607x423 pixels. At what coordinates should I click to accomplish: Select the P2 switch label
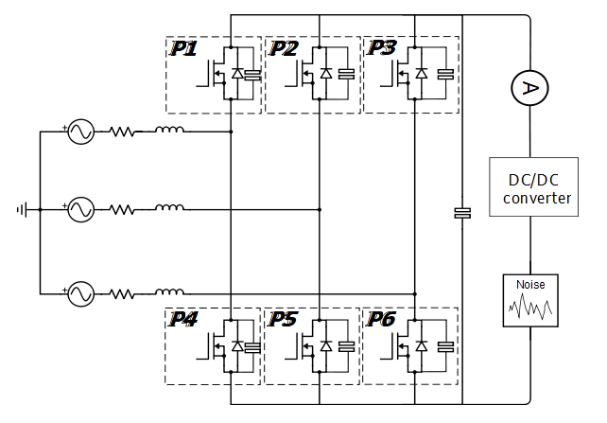click(x=284, y=48)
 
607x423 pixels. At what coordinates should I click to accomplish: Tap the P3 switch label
click(x=383, y=47)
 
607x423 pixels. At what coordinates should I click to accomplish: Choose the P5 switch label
click(x=283, y=320)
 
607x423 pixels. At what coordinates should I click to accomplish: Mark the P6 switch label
click(x=383, y=320)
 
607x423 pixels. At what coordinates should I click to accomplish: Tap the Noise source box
click(x=529, y=300)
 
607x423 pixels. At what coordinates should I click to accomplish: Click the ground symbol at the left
click(x=21, y=209)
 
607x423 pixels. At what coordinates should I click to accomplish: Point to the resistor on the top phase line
click(x=123, y=132)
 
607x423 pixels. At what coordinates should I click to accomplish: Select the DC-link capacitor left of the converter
click(x=462, y=213)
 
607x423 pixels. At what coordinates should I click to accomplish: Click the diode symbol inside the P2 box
click(x=326, y=73)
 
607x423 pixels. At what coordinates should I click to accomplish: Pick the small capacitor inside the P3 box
click(x=443, y=73)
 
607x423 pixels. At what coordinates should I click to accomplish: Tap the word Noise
click(x=529, y=283)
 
